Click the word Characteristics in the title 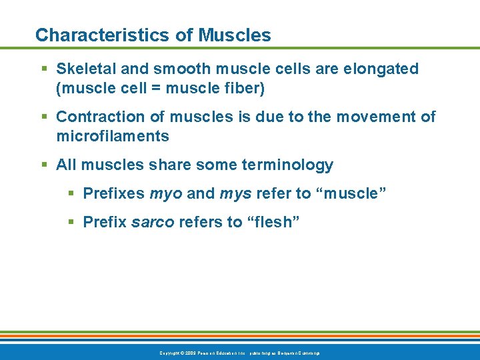(x=95, y=35)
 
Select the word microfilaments (x=113, y=136)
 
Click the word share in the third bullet (x=185, y=165)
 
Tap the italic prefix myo (x=166, y=193)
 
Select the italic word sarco (x=153, y=222)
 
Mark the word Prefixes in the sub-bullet (x=114, y=193)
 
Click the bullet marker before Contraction (x=43, y=117)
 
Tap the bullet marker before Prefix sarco (x=71, y=222)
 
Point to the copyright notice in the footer (x=240, y=353)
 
